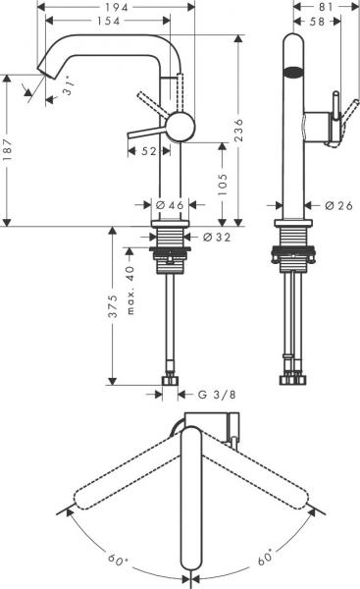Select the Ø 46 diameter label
click(171, 205)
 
